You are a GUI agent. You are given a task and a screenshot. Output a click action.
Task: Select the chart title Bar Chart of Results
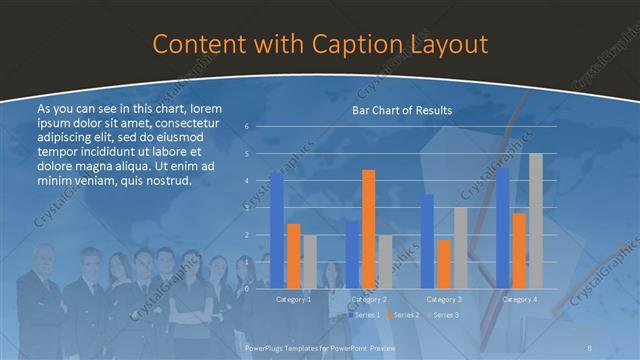point(400,110)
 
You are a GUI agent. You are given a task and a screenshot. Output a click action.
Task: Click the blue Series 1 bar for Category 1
point(277,230)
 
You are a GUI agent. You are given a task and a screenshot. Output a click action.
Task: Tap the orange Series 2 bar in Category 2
point(368,228)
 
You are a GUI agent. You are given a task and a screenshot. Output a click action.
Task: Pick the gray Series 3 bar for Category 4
point(536,220)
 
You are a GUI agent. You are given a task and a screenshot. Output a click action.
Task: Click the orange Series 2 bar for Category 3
point(443,263)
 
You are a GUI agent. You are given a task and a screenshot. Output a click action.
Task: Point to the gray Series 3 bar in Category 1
point(309,261)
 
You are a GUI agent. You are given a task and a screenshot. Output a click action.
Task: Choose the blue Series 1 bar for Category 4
point(503,227)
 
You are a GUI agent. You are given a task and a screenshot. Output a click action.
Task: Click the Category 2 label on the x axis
point(369,299)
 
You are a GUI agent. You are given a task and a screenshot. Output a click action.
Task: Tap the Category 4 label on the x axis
point(519,299)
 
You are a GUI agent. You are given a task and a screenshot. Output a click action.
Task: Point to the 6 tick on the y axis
point(247,126)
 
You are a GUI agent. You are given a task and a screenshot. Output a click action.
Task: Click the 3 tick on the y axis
point(247,207)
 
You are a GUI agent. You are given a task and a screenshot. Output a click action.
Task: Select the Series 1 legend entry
point(365,315)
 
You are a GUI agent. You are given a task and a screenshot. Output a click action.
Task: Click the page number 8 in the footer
point(591,346)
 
